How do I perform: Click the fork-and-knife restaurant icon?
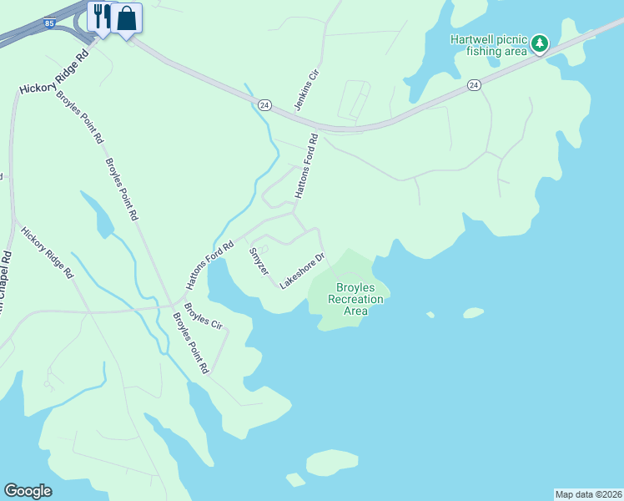coord(100,17)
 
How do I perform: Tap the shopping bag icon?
coord(126,18)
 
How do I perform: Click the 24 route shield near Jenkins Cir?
coord(264,104)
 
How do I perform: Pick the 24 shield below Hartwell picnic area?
coord(474,85)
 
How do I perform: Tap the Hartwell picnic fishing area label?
coord(488,45)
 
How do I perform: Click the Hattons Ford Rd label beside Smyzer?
coord(209,266)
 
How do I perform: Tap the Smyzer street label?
coord(259,262)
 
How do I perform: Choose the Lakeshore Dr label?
coord(301,271)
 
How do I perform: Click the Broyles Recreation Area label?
coord(356,298)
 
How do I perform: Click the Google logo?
coord(28,491)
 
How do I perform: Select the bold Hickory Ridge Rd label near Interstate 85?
coord(54,73)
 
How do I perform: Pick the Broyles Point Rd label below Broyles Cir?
coord(190,342)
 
